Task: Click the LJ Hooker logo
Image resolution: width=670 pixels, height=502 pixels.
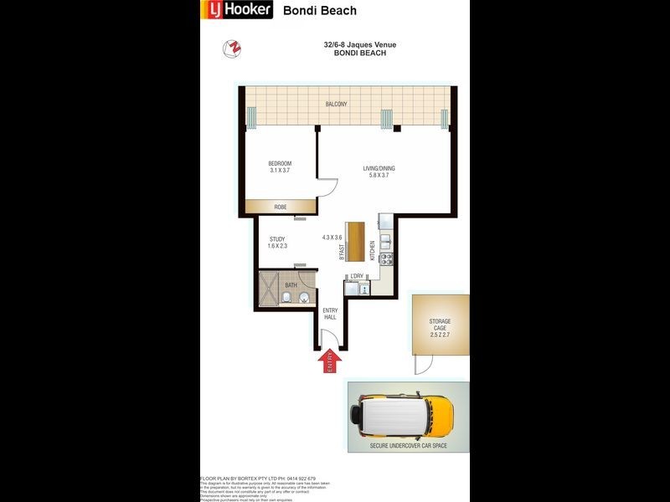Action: tap(236, 10)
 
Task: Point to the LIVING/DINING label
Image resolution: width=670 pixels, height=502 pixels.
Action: tap(379, 169)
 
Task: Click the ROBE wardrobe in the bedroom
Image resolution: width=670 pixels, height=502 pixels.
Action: tap(281, 207)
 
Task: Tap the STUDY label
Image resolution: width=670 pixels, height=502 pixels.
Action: tap(277, 239)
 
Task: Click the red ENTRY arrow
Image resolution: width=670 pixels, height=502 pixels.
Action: tap(329, 361)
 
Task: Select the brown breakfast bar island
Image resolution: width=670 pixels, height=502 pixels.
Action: tap(358, 243)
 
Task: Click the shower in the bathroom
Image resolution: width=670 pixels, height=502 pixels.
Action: tap(266, 289)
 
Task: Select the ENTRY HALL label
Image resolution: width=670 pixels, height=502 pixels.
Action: tap(331, 315)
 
